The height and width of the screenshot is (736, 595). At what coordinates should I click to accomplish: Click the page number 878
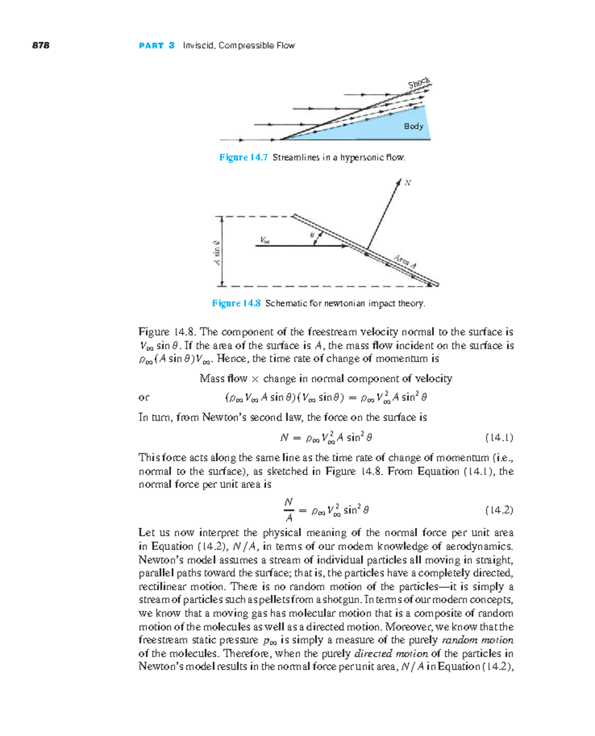click(41, 45)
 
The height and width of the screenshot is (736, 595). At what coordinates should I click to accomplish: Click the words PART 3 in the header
click(157, 45)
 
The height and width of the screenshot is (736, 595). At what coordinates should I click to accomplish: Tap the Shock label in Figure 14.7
click(419, 83)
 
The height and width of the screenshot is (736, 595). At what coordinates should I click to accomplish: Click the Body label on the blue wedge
click(414, 126)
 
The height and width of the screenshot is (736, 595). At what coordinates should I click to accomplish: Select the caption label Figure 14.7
click(243, 157)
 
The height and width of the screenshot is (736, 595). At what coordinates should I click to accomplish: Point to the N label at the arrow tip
click(408, 183)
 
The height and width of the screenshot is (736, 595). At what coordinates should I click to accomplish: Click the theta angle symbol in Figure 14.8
click(312, 235)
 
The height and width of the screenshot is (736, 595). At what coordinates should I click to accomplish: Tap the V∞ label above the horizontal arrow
click(265, 240)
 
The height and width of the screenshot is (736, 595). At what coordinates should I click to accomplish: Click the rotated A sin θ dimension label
click(217, 252)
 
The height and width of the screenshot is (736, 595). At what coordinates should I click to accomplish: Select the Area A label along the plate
click(405, 261)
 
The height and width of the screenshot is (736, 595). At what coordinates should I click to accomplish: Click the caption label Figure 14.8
click(236, 303)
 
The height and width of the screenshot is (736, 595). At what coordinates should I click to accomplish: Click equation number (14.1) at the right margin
click(499, 438)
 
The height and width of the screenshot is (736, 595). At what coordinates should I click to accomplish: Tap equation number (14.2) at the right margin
click(499, 510)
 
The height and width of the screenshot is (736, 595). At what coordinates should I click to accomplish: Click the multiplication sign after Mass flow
click(255, 379)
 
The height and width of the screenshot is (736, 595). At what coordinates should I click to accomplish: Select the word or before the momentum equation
click(144, 397)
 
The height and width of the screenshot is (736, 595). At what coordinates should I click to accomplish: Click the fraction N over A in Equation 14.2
click(289, 510)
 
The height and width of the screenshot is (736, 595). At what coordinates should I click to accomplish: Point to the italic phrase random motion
click(477, 640)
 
